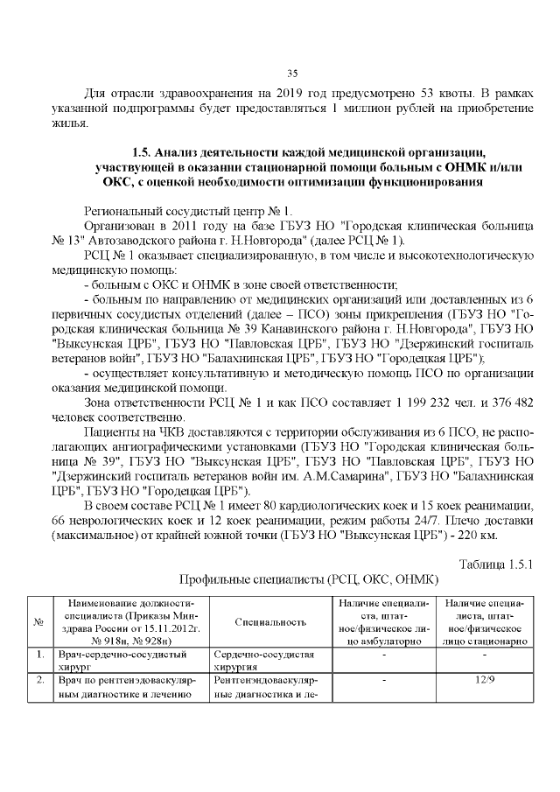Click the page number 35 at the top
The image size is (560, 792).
pos(293,73)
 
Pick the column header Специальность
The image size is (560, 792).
pos(270,622)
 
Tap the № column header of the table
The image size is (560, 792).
pos(38,622)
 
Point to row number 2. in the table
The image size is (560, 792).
pos(39,679)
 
